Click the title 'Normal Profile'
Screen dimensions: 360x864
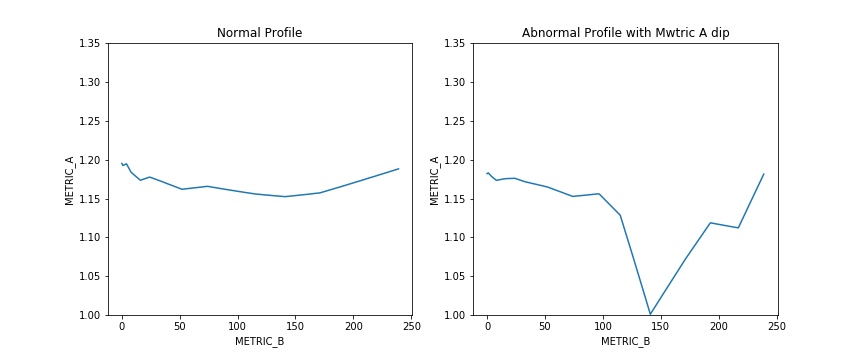pyautogui.click(x=259, y=33)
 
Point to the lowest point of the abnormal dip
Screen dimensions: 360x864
pyautogui.click(x=650, y=314)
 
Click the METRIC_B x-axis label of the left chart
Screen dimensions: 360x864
pyautogui.click(x=259, y=342)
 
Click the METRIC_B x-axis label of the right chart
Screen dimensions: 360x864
pyautogui.click(x=625, y=342)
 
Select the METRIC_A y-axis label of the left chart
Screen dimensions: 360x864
pyautogui.click(x=70, y=180)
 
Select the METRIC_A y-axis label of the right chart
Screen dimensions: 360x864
pyautogui.click(x=435, y=180)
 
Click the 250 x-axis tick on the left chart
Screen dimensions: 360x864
pyautogui.click(x=411, y=327)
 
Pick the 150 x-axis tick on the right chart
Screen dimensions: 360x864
pyautogui.click(x=661, y=327)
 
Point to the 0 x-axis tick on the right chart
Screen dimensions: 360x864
pyautogui.click(x=487, y=327)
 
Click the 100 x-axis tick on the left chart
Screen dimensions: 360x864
pyautogui.click(x=237, y=327)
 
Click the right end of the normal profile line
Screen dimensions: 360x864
pyautogui.click(x=399, y=169)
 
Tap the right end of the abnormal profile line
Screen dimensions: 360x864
pyautogui.click(x=764, y=174)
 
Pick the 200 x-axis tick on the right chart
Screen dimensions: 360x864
pyautogui.click(x=719, y=327)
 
